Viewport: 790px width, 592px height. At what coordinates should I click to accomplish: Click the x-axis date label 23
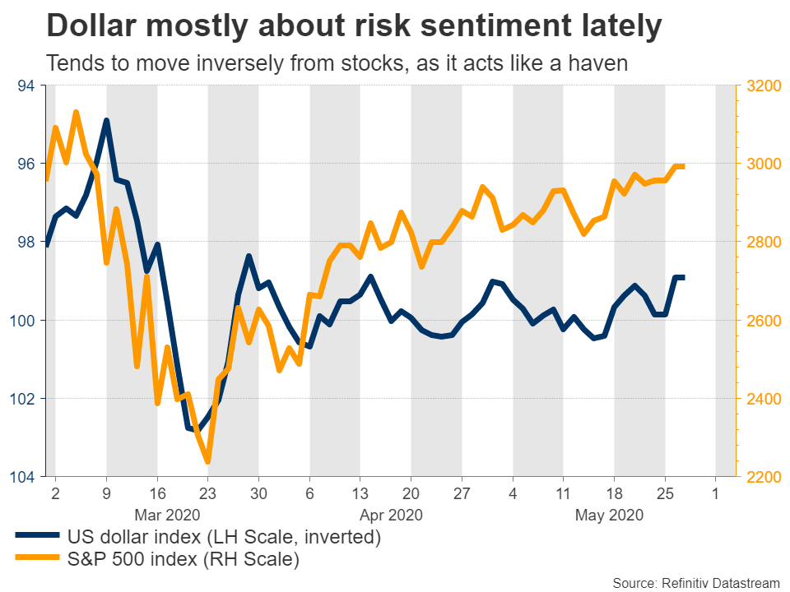pos(207,495)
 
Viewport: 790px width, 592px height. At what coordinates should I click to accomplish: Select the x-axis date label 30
pos(258,495)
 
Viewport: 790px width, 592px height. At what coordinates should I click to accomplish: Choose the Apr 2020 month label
pos(392,516)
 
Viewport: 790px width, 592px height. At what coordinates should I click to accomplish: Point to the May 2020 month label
pos(609,516)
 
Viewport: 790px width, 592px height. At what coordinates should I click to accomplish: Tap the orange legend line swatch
pos(38,561)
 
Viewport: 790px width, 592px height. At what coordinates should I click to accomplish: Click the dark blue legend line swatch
pos(38,539)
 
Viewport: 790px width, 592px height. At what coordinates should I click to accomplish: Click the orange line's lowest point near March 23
pos(207,461)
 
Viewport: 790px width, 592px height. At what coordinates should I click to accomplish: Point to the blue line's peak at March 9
pos(106,121)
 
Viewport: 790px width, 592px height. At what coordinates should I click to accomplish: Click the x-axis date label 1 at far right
pos(715,495)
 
